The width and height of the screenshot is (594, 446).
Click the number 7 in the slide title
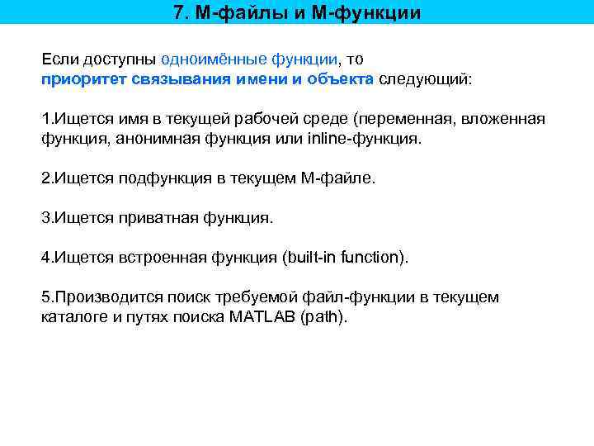pyautogui.click(x=180, y=12)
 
